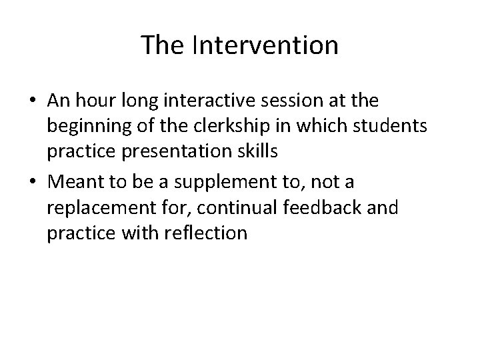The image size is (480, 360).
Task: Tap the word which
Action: click(x=289, y=127)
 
